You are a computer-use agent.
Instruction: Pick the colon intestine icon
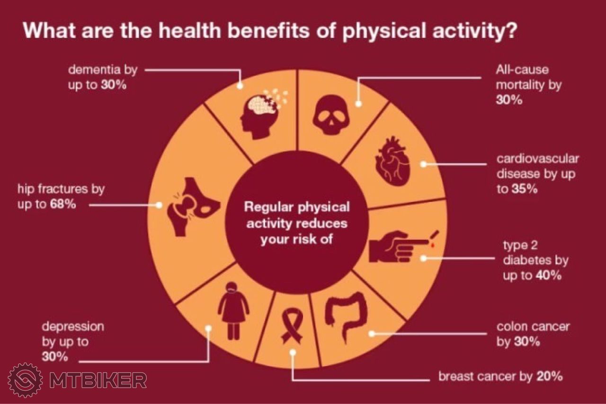click(346, 318)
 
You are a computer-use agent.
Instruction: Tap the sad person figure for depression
click(233, 311)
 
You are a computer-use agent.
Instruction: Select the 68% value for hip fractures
click(63, 204)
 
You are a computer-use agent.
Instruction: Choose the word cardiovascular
click(537, 159)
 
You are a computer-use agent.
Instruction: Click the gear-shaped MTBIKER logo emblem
click(25, 380)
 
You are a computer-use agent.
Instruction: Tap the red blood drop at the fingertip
click(433, 245)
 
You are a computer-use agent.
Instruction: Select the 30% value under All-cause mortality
click(509, 100)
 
